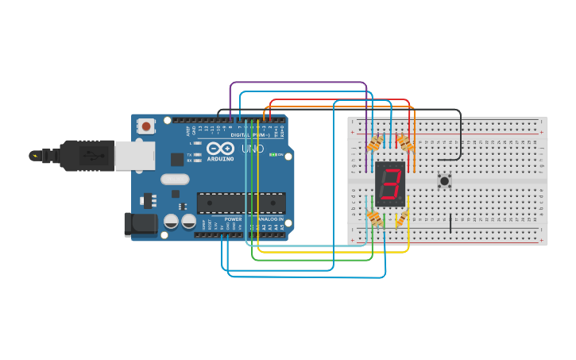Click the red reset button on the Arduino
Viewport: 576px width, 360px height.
146,126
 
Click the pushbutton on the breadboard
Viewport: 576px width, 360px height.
445,181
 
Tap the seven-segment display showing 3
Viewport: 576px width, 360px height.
390,184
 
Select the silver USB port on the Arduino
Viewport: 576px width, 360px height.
133,156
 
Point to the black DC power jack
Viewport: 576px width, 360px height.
140,224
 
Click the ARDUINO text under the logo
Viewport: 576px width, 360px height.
220,158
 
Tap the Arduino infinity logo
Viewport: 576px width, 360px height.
220,148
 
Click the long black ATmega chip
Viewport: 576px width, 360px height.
240,203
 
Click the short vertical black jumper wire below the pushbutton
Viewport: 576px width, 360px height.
450,223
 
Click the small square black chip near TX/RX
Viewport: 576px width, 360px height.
177,159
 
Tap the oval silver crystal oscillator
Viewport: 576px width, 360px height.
175,179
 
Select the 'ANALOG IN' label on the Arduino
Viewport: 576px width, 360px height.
269,219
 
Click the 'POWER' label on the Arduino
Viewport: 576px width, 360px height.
233,219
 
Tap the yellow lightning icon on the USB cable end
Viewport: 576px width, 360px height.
33,155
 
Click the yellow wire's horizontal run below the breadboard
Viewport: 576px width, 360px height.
334,252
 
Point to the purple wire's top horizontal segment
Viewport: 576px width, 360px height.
298,82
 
